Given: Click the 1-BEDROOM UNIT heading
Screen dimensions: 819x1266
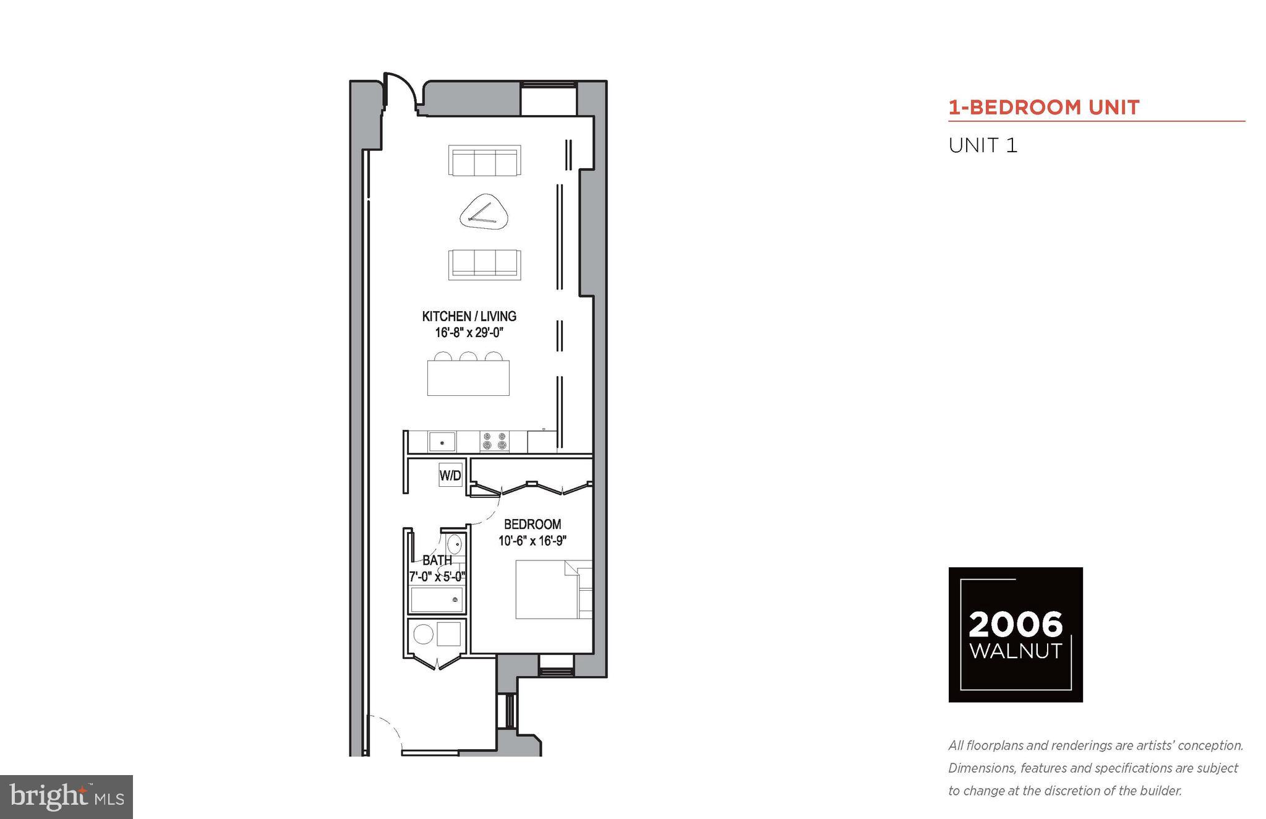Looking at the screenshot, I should [x=1043, y=108].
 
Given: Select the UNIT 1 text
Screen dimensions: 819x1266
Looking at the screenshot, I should [x=983, y=146].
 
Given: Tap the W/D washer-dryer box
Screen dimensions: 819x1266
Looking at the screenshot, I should [x=450, y=475].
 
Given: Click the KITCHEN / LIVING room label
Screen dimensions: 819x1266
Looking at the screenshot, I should [x=469, y=316].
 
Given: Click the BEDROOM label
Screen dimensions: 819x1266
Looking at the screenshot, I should [x=532, y=524].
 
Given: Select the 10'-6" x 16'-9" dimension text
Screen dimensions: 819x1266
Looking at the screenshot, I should [x=532, y=541].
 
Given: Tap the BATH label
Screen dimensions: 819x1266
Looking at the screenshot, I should [x=437, y=560].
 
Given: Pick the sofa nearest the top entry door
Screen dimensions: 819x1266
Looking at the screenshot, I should [x=484, y=161].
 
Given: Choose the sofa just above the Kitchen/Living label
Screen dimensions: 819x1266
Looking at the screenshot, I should [x=484, y=264].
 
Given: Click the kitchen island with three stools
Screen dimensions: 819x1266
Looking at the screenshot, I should [x=468, y=377].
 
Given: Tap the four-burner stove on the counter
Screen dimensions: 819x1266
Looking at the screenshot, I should [x=494, y=441].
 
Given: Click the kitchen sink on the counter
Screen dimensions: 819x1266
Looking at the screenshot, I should [x=442, y=442].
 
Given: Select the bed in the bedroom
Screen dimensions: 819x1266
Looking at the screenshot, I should [x=547, y=589].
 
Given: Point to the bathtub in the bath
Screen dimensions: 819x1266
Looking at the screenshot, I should [x=437, y=599].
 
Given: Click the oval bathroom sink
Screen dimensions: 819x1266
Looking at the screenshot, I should [x=455, y=545].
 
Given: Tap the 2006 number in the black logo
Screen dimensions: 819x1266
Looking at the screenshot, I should [x=1015, y=625].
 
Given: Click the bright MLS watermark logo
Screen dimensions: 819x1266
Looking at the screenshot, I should [x=66, y=797].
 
